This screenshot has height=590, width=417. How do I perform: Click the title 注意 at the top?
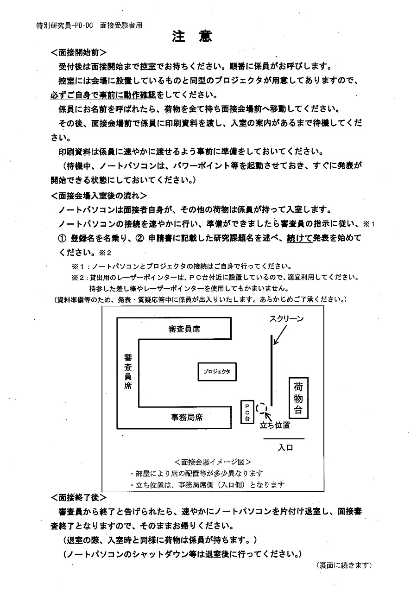coord(192,37)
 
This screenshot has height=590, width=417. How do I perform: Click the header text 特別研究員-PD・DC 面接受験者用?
coord(89,25)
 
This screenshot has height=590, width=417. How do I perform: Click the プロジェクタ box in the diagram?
coord(217,371)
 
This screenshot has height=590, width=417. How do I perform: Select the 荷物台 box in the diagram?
coord(298,397)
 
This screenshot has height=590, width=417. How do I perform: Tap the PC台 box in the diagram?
coord(247,412)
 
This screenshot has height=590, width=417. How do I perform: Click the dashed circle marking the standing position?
coord(262,408)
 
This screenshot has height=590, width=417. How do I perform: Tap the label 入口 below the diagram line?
coord(285,448)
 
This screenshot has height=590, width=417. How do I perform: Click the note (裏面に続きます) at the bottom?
coord(344,565)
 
